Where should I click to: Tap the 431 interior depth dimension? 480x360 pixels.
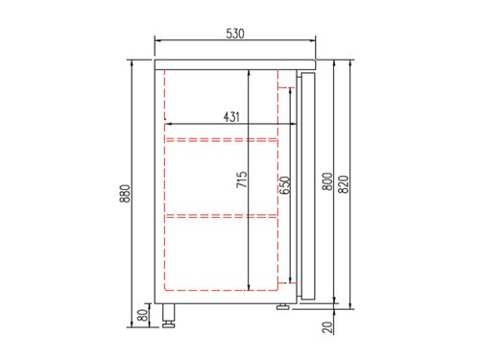(231, 116)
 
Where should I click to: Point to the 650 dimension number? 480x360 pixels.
(284, 185)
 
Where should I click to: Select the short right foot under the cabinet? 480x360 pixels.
(283, 307)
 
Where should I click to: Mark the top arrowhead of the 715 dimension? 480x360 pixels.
(250, 72)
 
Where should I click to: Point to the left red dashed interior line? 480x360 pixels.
(165, 182)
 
